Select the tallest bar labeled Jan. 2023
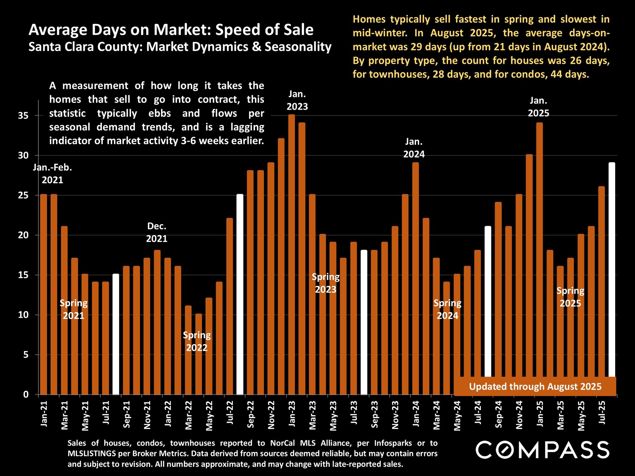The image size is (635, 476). (x=291, y=255)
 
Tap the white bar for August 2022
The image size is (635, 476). (x=240, y=294)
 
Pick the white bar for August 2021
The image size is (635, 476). (x=116, y=334)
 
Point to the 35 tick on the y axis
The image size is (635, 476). (x=23, y=116)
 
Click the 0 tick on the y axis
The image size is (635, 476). (x=26, y=394)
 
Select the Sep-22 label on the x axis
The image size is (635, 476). (x=251, y=415)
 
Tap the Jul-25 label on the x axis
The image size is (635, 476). (x=602, y=413)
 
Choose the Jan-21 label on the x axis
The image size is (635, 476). (x=44, y=414)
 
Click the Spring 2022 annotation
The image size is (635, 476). (x=197, y=341)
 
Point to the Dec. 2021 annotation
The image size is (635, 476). (x=157, y=232)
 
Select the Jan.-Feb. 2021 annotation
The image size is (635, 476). (x=53, y=174)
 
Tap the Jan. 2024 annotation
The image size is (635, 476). (x=414, y=148)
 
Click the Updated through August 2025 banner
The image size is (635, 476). (x=535, y=386)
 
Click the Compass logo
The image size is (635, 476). (x=542, y=450)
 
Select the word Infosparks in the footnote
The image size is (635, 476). (x=393, y=443)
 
